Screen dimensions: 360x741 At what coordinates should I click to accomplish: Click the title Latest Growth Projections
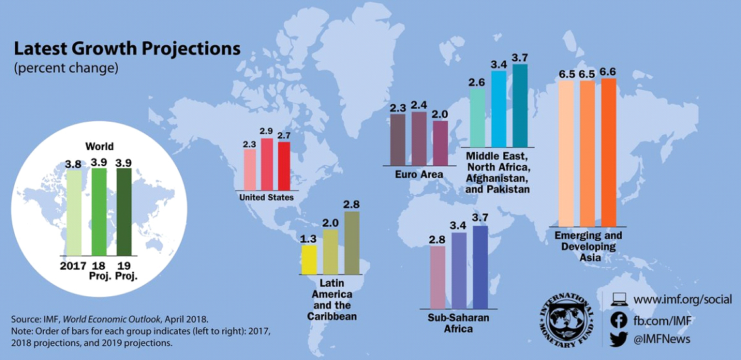tap(127, 49)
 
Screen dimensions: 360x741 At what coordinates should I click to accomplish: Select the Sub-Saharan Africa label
tap(459, 323)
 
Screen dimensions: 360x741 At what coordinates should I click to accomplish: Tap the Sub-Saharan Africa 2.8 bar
tap(438, 277)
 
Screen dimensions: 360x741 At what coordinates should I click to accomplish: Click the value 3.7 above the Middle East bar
tap(519, 58)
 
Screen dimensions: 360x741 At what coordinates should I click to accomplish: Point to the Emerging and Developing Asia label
tap(588, 247)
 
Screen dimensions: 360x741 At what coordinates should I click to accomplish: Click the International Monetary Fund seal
tap(568, 320)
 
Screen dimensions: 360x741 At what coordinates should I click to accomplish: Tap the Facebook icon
tap(619, 319)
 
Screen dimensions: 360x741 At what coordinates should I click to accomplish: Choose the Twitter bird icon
tap(619, 338)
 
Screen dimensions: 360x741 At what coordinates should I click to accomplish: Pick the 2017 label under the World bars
tap(73, 265)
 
